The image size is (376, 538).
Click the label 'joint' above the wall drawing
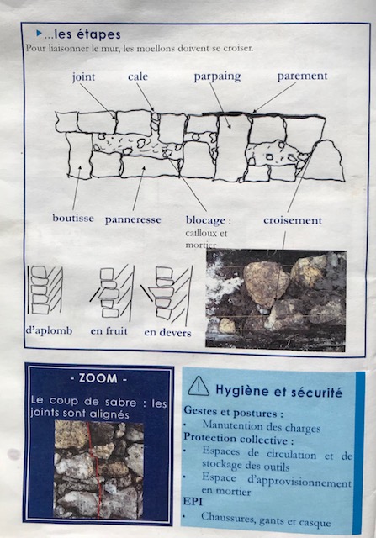tap(83, 77)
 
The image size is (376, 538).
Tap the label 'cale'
tap(138, 76)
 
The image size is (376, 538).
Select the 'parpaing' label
tap(217, 76)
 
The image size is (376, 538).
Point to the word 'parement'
tap(302, 76)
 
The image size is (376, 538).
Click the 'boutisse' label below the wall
tap(73, 219)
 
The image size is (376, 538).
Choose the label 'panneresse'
tap(133, 219)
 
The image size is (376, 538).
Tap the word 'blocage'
tap(205, 220)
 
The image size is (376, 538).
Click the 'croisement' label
tap(293, 220)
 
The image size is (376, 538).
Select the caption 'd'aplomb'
tap(49, 330)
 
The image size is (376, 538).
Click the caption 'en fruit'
tap(109, 331)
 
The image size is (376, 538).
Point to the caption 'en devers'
tap(167, 333)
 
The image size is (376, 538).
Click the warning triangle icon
tap(199, 386)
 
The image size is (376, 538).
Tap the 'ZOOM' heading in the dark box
tap(99, 378)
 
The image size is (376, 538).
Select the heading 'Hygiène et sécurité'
tap(278, 391)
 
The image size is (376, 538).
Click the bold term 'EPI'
tap(193, 501)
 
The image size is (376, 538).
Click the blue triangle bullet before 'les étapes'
tap(40, 34)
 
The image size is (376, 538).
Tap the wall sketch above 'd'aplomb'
tap(45, 289)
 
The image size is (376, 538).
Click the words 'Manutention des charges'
tap(262, 426)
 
